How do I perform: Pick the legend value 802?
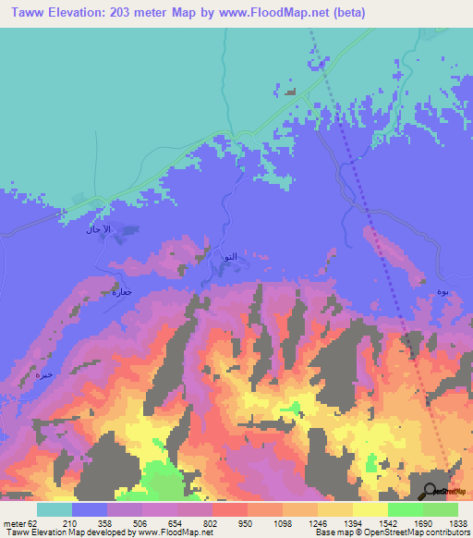[212, 522]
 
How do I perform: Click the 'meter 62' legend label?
[20, 522]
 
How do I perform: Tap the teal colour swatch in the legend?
[55, 509]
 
